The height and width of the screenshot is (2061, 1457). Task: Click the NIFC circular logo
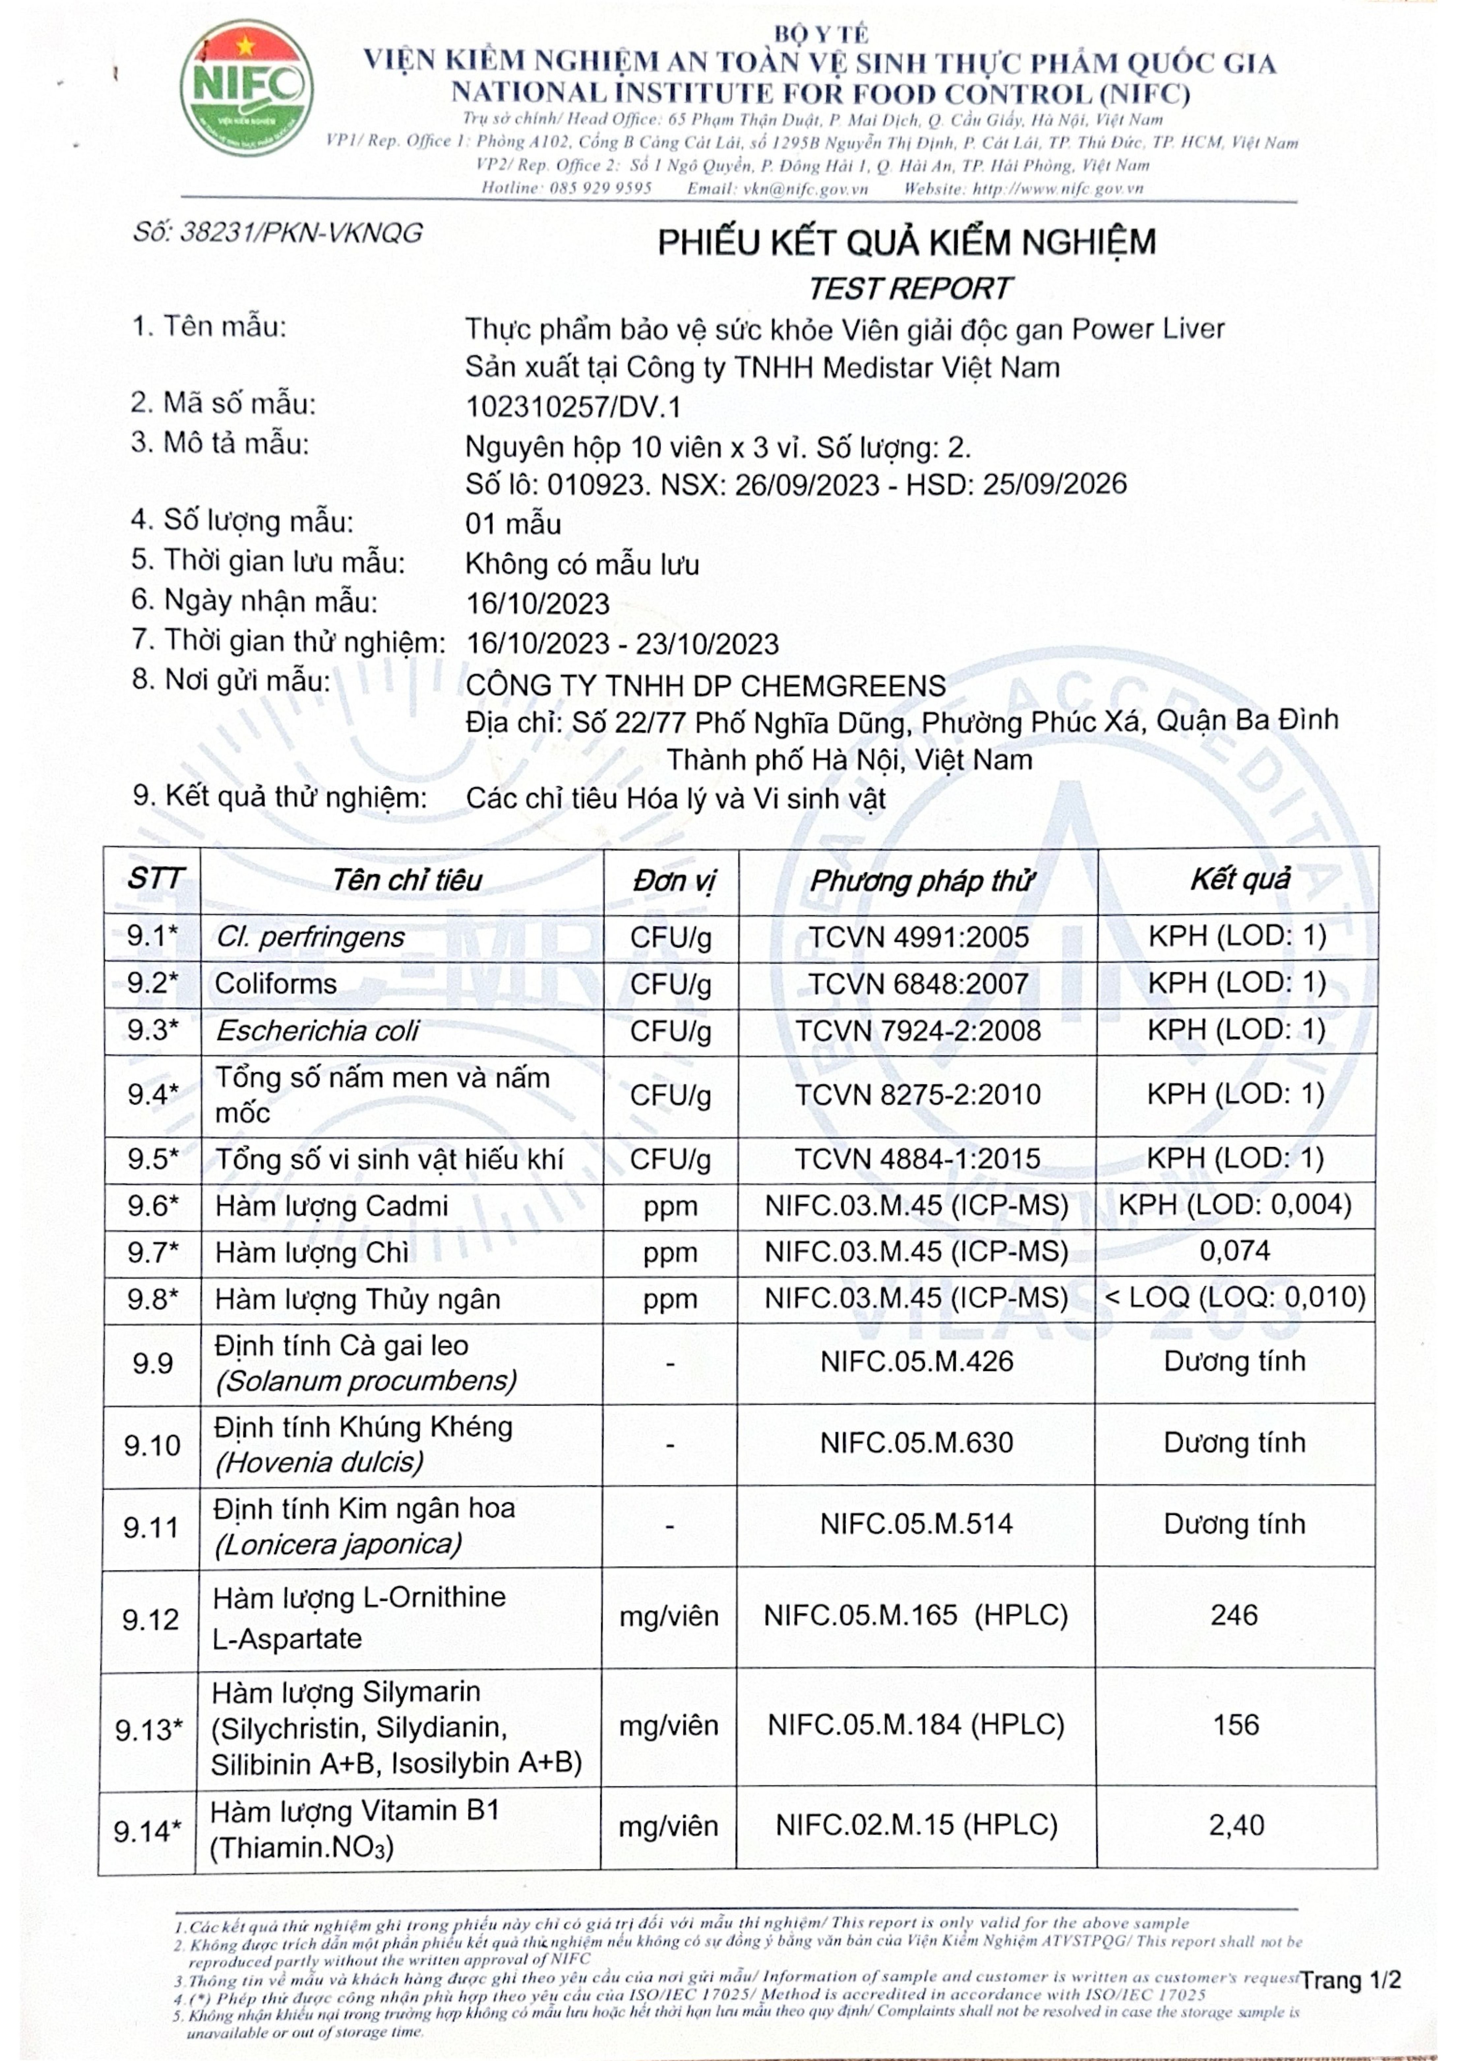[x=247, y=88]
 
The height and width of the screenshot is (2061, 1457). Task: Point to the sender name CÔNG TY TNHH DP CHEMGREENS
[x=706, y=686]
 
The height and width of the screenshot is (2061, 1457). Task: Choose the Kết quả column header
[x=1240, y=880]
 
